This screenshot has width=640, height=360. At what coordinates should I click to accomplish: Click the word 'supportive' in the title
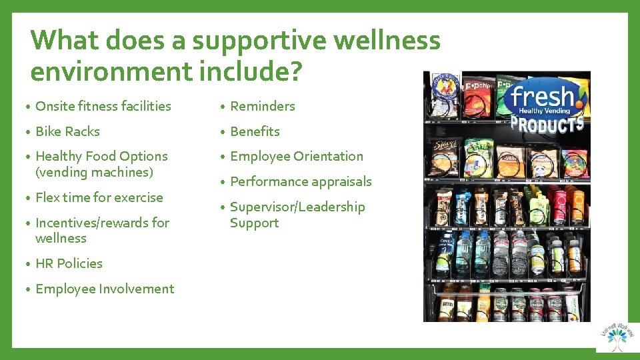pos(259,41)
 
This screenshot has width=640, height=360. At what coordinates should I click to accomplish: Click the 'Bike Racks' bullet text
pos(67,131)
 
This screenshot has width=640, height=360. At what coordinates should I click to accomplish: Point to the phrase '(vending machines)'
pos(94,172)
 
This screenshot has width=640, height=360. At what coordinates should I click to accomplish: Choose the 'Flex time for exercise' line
pos(99,197)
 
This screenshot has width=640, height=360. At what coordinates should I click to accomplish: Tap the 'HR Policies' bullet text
pos(69,263)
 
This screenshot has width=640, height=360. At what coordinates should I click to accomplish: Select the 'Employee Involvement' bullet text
pos(104,289)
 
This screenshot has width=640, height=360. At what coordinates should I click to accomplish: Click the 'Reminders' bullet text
pos(262,106)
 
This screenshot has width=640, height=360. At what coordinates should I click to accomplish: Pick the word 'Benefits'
pos(255,131)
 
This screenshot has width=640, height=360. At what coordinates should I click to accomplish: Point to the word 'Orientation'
pos(328,156)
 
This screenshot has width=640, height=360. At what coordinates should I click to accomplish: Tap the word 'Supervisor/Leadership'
pos(297,207)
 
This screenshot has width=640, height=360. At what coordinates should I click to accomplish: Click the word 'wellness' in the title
pos(387,41)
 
